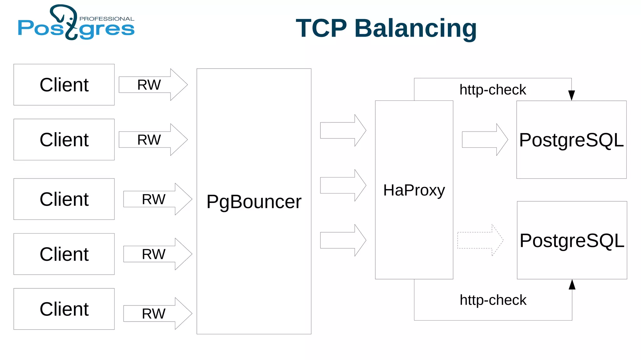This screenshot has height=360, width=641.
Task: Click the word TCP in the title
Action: [x=321, y=28]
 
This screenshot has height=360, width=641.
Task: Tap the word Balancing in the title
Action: [x=415, y=29]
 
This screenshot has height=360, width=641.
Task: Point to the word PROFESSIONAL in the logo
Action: [x=107, y=19]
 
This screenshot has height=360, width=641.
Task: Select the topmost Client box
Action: [x=64, y=85]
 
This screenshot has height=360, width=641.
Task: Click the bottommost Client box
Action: [x=64, y=309]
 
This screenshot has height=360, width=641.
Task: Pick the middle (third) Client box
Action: [x=64, y=199]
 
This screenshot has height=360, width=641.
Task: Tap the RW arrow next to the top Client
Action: [x=153, y=85]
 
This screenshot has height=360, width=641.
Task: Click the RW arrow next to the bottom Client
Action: [x=157, y=313]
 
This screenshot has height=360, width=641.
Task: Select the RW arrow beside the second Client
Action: [x=153, y=140]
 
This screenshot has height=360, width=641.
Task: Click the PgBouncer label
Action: [x=254, y=202]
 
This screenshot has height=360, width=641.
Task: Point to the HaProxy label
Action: [x=414, y=190]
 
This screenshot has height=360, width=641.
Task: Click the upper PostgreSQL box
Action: [x=571, y=140]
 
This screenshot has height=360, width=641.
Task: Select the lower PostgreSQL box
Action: [x=572, y=240]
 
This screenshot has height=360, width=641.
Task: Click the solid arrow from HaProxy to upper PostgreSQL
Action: [x=485, y=140]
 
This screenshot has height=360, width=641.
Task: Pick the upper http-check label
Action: [x=493, y=90]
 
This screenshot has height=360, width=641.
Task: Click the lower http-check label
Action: [x=493, y=300]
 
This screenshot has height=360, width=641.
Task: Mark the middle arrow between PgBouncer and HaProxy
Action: [x=343, y=185]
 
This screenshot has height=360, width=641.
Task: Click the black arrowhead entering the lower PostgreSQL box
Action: [x=572, y=285]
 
